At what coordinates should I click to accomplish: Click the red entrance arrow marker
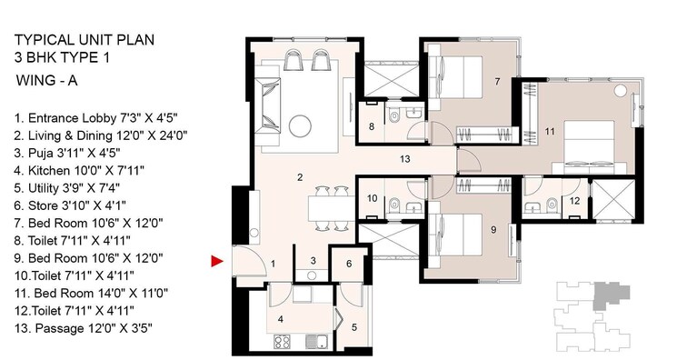(x=216, y=262)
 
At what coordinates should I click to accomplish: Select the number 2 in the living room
(x=300, y=176)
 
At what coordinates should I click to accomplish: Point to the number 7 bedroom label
(x=497, y=83)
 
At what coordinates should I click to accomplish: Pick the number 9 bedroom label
(x=493, y=230)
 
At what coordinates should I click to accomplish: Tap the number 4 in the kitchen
(x=281, y=319)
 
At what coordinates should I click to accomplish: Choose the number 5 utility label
(x=354, y=326)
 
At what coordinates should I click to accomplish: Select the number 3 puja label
(x=312, y=261)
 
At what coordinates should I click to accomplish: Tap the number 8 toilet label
(x=372, y=127)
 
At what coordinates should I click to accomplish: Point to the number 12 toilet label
(x=574, y=201)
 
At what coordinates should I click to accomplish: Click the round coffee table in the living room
(x=301, y=125)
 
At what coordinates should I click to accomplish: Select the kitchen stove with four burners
(x=283, y=345)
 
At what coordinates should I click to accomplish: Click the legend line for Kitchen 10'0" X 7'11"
(x=80, y=169)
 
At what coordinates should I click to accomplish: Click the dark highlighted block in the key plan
(x=604, y=295)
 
